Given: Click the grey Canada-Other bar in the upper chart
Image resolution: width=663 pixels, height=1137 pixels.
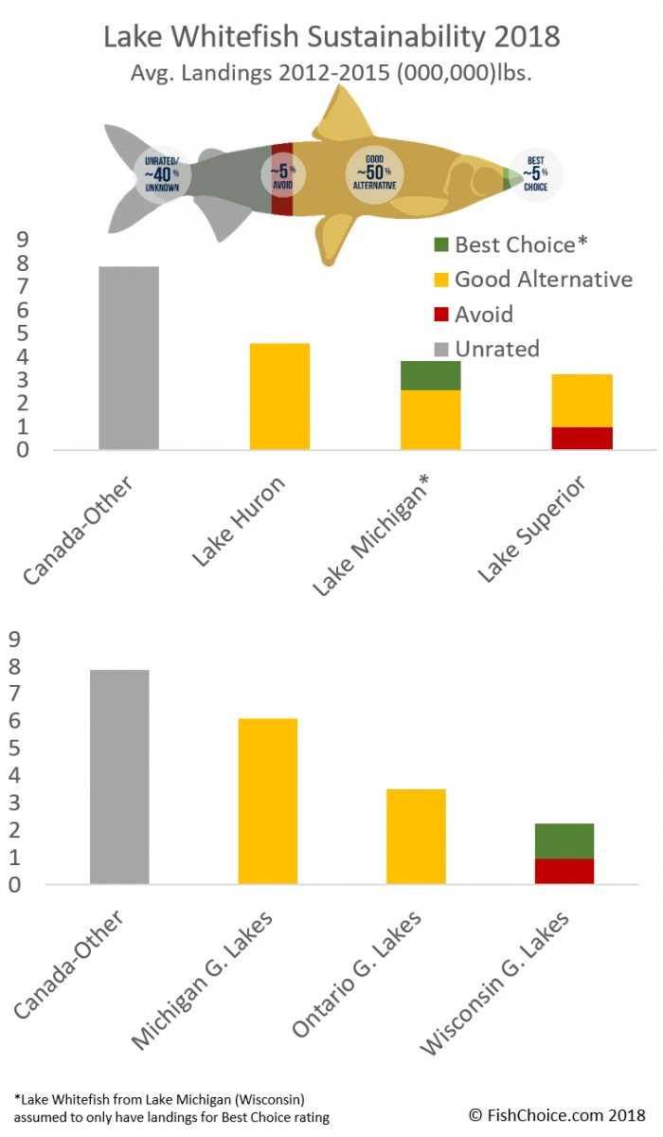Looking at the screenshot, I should click(x=128, y=358).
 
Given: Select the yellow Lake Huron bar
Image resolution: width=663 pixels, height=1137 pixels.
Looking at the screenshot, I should click(x=279, y=396).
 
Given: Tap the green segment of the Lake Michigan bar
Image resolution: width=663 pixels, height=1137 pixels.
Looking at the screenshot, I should click(x=431, y=375).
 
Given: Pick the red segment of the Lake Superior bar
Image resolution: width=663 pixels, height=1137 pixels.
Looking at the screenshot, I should click(x=582, y=438).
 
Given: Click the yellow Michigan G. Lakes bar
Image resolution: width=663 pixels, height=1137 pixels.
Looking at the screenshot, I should click(x=268, y=802).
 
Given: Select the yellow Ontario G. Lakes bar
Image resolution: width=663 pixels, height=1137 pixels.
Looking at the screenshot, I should click(x=416, y=837).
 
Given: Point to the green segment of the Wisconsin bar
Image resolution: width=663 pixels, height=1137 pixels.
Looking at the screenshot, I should click(x=564, y=841).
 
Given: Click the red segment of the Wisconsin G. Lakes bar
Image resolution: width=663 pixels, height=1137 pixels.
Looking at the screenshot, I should click(x=564, y=872).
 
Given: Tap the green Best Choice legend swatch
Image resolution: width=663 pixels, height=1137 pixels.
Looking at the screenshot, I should click(x=440, y=244).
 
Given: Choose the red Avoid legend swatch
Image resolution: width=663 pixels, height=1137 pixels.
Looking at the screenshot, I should click(x=440, y=314).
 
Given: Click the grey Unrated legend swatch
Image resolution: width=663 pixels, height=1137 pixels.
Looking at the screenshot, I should click(x=440, y=349).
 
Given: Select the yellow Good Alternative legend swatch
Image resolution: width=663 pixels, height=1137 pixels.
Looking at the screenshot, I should click(x=440, y=280).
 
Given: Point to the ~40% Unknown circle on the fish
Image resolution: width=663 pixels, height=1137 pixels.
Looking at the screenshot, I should click(x=162, y=175).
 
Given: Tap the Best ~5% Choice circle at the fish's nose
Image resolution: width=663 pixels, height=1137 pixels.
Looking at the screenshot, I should click(x=536, y=173).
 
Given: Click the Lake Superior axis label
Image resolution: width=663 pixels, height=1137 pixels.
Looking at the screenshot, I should click(x=530, y=531).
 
